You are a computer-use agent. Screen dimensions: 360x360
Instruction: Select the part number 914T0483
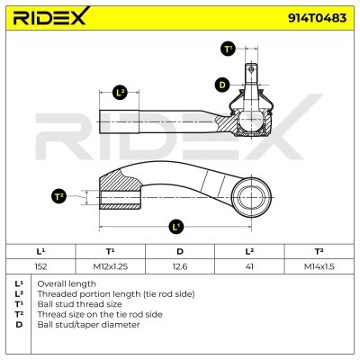click(318, 18)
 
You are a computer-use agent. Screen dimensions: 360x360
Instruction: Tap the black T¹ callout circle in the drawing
click(229, 49)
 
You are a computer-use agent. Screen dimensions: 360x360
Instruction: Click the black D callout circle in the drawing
click(222, 85)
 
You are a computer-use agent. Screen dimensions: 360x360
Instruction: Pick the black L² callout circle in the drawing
click(120, 93)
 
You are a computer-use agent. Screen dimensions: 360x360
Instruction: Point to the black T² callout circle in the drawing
click(58, 196)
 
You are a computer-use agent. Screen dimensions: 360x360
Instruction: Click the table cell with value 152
click(40, 266)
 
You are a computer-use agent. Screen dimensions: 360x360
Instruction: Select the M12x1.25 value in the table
click(111, 266)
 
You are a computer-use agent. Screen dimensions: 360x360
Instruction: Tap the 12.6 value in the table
click(180, 266)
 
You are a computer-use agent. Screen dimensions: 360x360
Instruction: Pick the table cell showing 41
click(249, 266)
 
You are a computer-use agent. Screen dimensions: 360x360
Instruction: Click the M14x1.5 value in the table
click(319, 266)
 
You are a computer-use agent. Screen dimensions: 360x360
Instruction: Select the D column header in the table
click(180, 251)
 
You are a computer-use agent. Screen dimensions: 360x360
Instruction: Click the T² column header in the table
click(319, 251)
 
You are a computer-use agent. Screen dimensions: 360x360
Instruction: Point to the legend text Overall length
click(67, 283)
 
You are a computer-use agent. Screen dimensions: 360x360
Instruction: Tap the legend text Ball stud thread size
click(79, 304)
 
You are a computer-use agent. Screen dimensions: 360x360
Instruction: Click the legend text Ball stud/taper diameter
click(88, 325)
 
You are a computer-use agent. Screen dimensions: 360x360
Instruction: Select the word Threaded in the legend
click(54, 294)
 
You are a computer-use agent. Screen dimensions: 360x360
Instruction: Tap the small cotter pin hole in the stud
click(251, 69)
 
